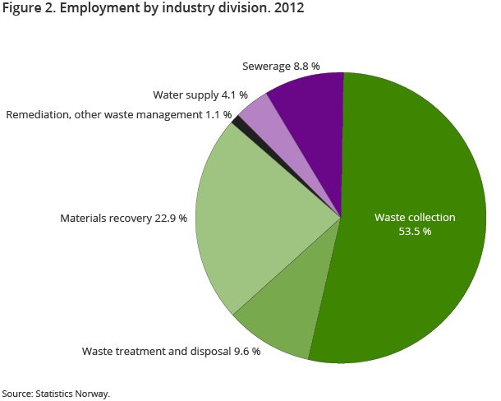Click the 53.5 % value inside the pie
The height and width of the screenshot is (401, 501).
coord(415,232)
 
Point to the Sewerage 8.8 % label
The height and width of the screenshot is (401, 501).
coord(281,65)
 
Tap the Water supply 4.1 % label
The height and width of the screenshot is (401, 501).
coord(200,95)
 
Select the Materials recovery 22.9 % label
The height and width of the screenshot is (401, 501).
coord(123,219)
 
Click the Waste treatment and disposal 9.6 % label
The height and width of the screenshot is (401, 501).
coord(171,351)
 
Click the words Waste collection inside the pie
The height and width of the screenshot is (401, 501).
coord(415,218)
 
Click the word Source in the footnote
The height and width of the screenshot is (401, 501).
coord(16,394)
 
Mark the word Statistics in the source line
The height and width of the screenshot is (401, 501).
coord(56,394)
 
